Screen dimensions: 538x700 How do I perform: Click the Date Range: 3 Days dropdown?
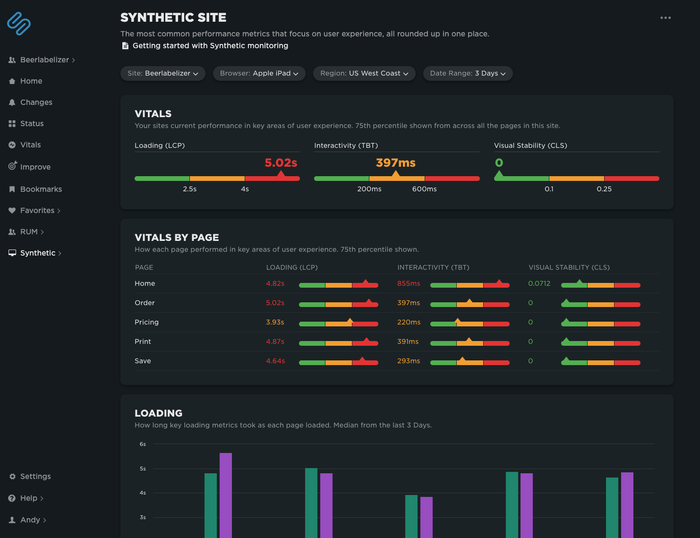[x=468, y=73]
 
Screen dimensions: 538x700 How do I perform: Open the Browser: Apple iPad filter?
[x=259, y=73]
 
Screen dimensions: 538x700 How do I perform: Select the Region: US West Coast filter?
[x=364, y=73]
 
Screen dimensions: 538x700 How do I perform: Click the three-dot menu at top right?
[x=666, y=18]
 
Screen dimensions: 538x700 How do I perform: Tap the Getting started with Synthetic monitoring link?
[x=210, y=46]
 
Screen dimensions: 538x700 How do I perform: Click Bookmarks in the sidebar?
[x=41, y=189]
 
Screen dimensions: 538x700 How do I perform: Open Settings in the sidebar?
[x=35, y=476]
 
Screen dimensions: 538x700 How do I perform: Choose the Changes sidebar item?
[x=36, y=102]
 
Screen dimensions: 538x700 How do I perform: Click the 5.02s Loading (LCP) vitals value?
[x=281, y=163]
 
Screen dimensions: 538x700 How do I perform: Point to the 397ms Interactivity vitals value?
[x=395, y=163]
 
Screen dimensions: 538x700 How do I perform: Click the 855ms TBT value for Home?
[x=409, y=283]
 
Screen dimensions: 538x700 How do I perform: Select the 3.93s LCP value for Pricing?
[x=275, y=322]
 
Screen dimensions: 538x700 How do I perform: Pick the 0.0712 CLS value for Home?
[x=539, y=283]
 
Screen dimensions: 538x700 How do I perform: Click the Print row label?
[x=143, y=342]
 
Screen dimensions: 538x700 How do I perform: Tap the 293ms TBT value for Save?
[x=409, y=361]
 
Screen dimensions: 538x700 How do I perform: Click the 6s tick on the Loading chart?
[x=143, y=444]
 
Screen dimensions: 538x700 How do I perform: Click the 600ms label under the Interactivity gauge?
[x=424, y=189]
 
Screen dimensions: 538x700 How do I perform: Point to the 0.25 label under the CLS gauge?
[x=604, y=189]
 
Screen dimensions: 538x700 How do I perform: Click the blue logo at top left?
[x=19, y=24]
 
